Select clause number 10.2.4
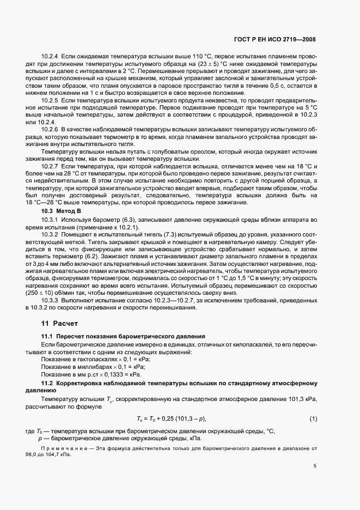click(51, 57)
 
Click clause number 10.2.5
click(51, 101)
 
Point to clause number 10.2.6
click(51, 129)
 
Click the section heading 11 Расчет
click(57, 323)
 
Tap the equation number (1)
click(313, 418)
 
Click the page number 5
click(315, 466)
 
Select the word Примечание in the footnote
click(53, 448)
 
